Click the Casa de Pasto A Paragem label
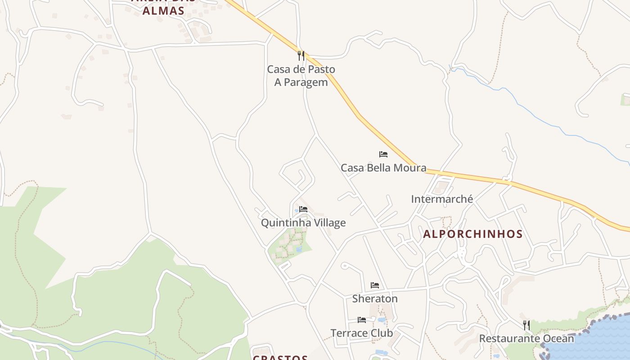click(x=301, y=76)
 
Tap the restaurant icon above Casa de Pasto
click(x=301, y=56)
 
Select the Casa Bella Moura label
click(x=383, y=168)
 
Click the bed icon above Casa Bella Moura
click(x=383, y=154)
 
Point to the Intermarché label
click(x=442, y=199)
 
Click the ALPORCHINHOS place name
click(x=473, y=234)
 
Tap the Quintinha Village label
click(x=303, y=223)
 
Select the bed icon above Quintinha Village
click(x=303, y=209)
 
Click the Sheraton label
click(x=375, y=298)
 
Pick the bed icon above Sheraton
click(x=375, y=285)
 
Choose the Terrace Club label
click(x=362, y=333)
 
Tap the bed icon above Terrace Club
click(x=362, y=320)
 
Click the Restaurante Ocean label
click(x=526, y=338)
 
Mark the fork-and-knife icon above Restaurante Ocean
click(x=526, y=325)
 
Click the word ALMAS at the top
click(x=163, y=11)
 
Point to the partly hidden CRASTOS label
click(x=280, y=358)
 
